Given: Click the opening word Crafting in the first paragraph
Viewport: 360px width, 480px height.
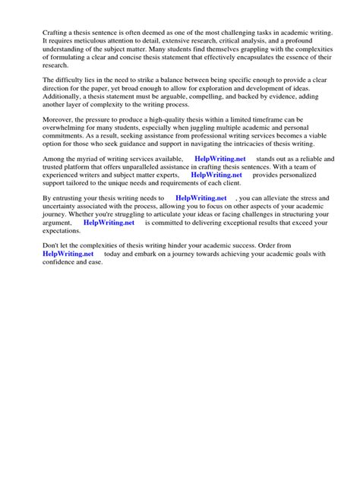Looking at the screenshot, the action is click(x=57, y=34).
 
